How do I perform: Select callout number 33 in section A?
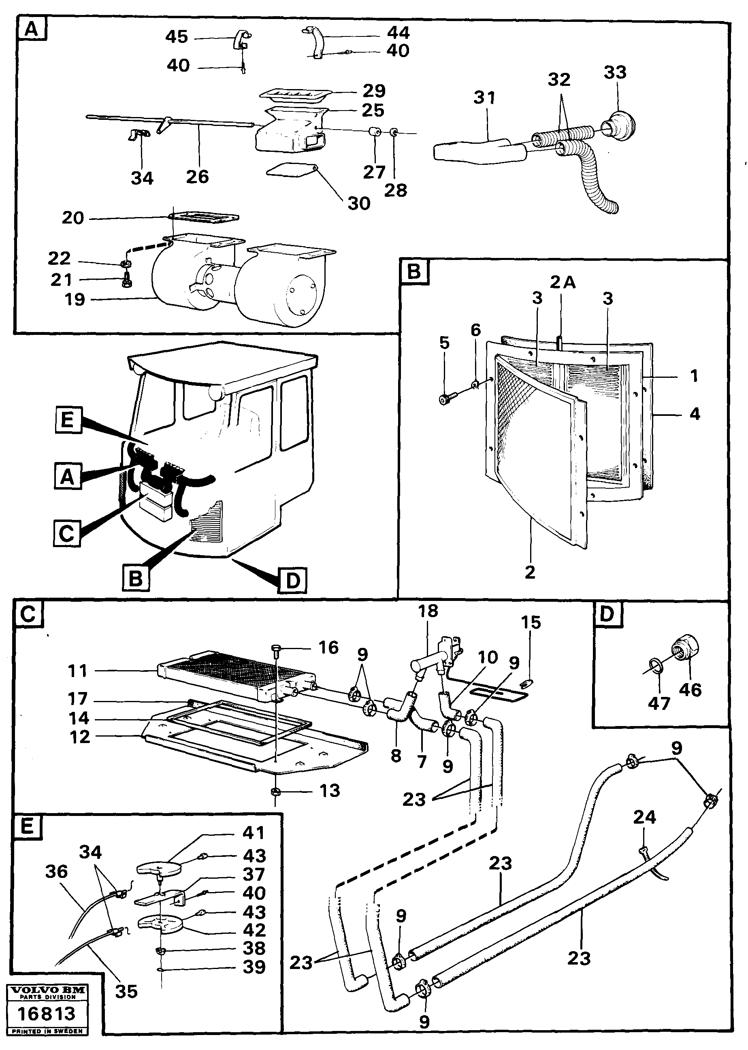[615, 72]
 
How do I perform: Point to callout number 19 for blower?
[75, 299]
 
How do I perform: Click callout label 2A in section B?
[563, 282]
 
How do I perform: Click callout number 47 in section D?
[658, 703]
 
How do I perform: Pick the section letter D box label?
[607, 614]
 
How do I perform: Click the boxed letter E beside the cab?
[68, 420]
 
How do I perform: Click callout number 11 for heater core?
[77, 671]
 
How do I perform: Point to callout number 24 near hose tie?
[644, 818]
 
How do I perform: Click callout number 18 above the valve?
[428, 611]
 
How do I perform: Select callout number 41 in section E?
[254, 833]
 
